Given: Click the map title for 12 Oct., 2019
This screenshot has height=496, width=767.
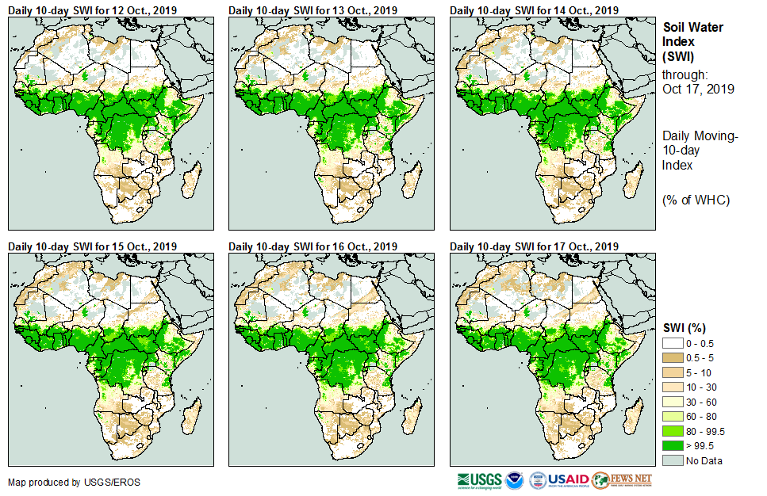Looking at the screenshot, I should (92, 10).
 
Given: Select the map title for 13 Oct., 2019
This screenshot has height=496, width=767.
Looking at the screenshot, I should (313, 10).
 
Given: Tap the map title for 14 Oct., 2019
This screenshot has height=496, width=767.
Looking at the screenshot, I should (534, 10).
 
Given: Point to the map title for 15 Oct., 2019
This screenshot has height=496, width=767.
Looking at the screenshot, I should (92, 246).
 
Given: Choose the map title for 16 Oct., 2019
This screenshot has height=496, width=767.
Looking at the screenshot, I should (313, 246).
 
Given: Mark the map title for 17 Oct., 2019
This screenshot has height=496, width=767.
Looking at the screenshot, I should (534, 246).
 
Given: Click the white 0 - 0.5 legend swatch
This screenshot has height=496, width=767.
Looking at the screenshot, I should (673, 343).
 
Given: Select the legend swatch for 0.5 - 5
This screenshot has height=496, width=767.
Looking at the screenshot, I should (673, 358).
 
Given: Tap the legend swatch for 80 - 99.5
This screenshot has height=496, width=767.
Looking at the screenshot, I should (673, 431).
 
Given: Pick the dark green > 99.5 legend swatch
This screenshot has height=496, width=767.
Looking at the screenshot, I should (673, 446).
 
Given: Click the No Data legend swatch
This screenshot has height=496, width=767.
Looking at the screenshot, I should (673, 461).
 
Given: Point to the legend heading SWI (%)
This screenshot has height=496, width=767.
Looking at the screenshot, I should (685, 327).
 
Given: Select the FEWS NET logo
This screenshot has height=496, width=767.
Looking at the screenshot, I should (622, 480).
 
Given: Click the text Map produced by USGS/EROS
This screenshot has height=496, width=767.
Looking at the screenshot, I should (64, 482).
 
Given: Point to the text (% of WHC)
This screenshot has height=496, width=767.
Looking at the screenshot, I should (696, 200).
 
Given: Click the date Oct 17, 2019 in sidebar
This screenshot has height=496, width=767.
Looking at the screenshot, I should (698, 89).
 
